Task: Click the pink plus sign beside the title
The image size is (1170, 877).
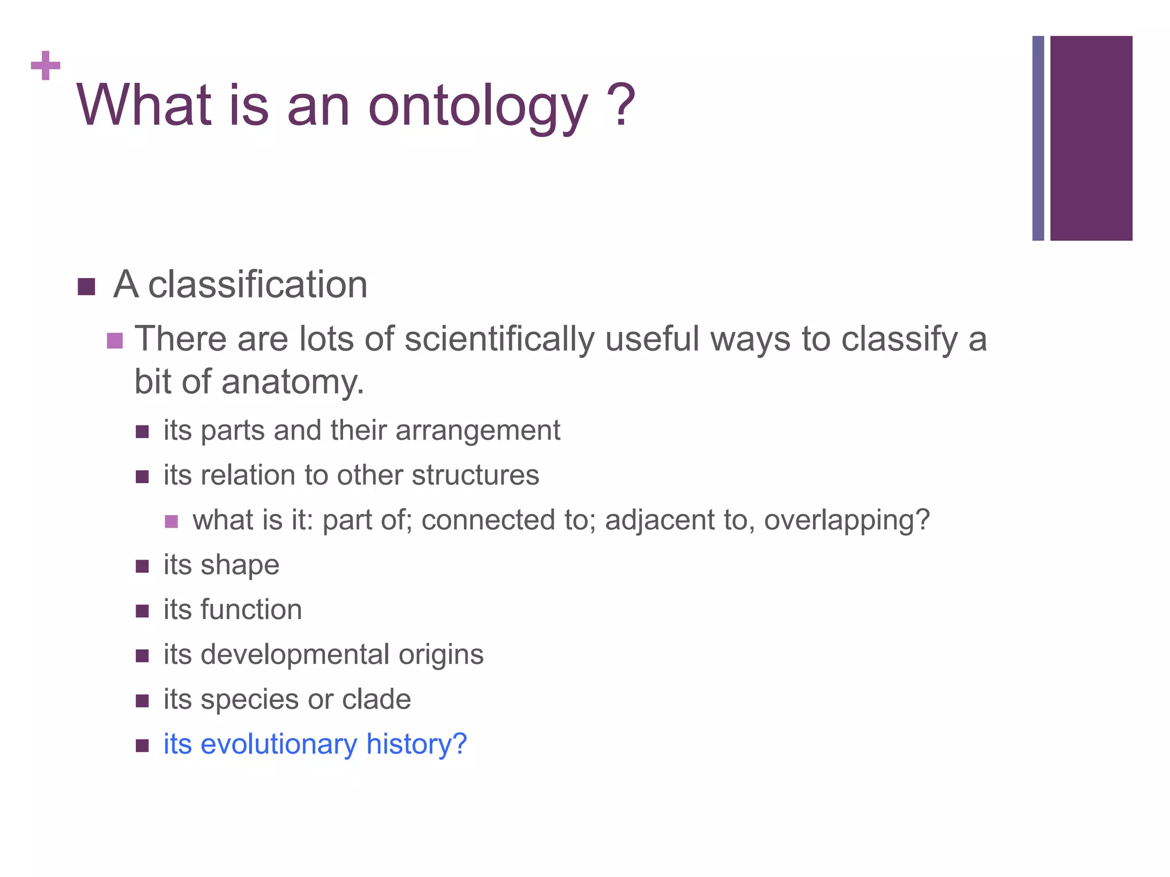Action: [x=45, y=66]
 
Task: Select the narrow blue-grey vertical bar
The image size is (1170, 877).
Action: [x=1037, y=138]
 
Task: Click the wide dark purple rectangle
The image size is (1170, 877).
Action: [x=1091, y=138]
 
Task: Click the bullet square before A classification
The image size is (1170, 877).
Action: [x=86, y=287]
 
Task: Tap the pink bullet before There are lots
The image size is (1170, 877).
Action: [x=115, y=341]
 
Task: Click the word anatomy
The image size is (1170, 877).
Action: [x=292, y=382]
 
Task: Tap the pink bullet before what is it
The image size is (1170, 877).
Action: [x=171, y=521]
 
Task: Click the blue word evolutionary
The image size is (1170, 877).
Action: [x=279, y=744]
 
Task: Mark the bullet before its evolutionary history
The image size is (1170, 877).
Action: [x=142, y=745]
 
